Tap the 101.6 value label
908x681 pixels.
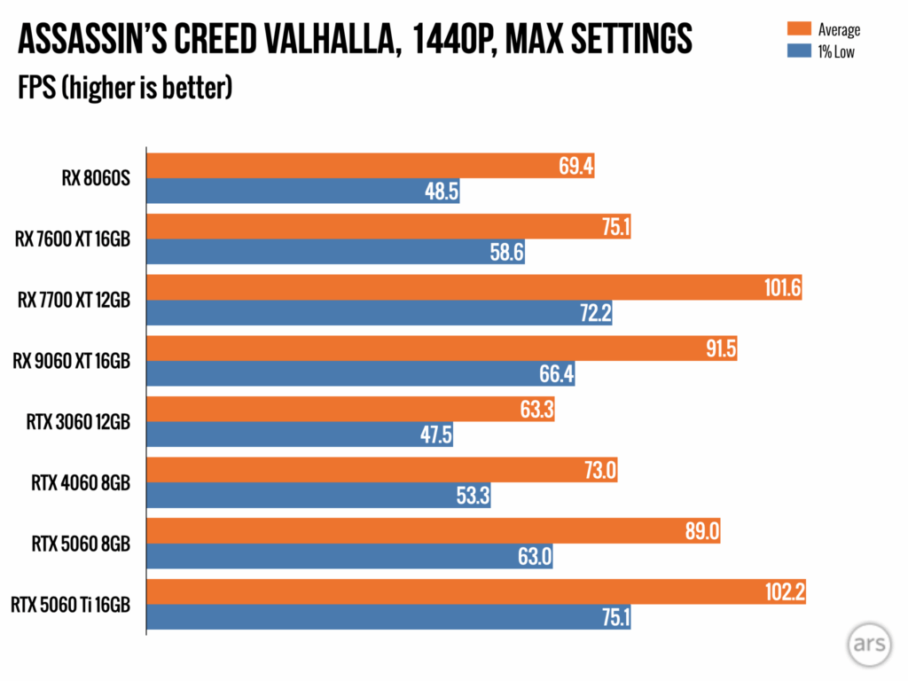(782, 288)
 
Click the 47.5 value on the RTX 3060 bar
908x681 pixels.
(434, 434)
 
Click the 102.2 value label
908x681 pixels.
(785, 592)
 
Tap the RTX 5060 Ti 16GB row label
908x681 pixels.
(71, 606)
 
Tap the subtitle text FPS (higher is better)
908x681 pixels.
(125, 89)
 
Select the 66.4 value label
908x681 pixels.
(556, 374)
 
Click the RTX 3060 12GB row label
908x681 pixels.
(78, 422)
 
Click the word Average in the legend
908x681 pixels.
(837, 29)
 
